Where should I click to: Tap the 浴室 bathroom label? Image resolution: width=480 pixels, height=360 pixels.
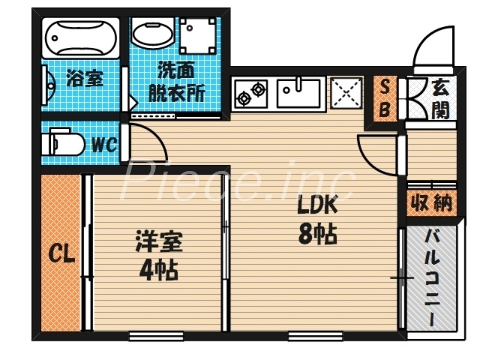pyautogui.click(x=85, y=79)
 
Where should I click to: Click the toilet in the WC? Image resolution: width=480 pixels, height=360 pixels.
pyautogui.click(x=63, y=145)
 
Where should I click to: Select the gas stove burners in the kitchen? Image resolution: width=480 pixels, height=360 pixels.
pyautogui.click(x=250, y=94)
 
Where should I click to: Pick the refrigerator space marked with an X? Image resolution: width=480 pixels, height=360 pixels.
pyautogui.click(x=346, y=94)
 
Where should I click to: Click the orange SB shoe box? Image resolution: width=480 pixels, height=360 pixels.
pyautogui.click(x=385, y=99)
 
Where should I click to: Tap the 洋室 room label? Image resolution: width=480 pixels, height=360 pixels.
pyautogui.click(x=158, y=244)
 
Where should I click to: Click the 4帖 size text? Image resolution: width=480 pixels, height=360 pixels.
pyautogui.click(x=158, y=271)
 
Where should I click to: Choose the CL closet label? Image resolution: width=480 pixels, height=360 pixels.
pyautogui.click(x=61, y=255)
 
